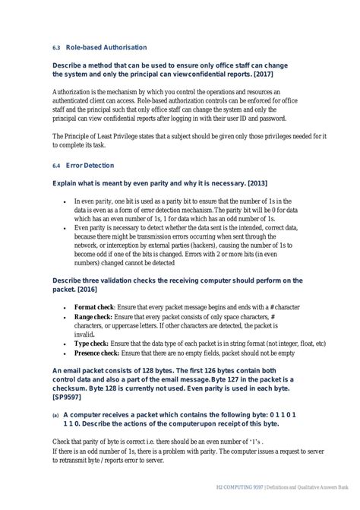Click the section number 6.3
(x=55, y=47)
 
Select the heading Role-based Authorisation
(x=107, y=47)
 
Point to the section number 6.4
(x=55, y=165)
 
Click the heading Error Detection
(x=90, y=165)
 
